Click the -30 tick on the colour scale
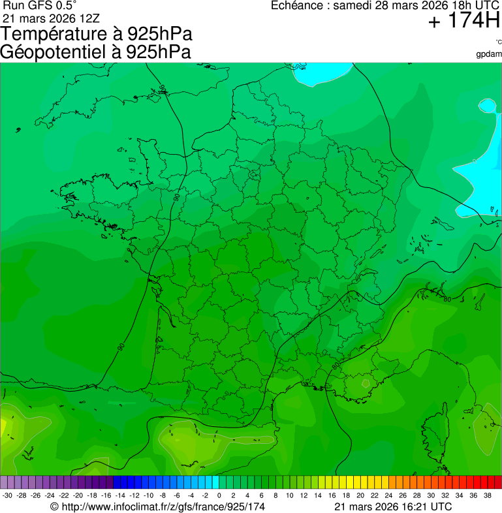point(8,495)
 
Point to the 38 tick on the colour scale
point(487,495)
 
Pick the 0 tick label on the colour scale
point(219,495)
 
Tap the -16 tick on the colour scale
point(107,495)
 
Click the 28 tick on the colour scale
point(416,495)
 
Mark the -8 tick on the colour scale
point(163,495)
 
